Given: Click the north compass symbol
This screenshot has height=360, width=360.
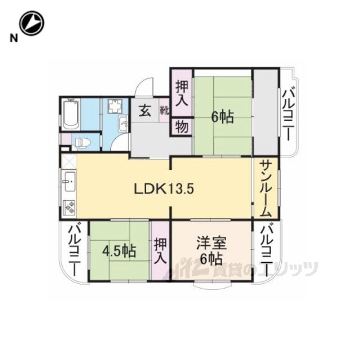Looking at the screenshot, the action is point(31,23).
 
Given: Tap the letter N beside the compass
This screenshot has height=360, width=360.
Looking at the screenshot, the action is point(13,38).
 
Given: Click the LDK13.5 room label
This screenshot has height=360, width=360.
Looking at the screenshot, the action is point(164,189).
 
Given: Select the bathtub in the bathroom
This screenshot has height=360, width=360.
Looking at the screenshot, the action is point(71,115).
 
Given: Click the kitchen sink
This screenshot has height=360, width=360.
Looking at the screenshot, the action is point(70,181).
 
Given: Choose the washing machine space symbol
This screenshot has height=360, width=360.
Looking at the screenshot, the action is point(115,106).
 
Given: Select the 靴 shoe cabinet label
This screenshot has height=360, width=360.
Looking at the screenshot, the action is point(164,111).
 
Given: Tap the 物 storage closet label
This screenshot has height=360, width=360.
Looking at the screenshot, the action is point(182,127).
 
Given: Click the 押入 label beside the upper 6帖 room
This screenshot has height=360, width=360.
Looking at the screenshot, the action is point(182,94).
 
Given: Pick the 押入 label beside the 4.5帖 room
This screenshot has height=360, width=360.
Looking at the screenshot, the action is point(160,251).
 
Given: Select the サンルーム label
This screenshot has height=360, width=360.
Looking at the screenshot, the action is point(265,189).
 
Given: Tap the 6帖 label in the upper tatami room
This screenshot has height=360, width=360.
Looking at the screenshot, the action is point(223,117).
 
